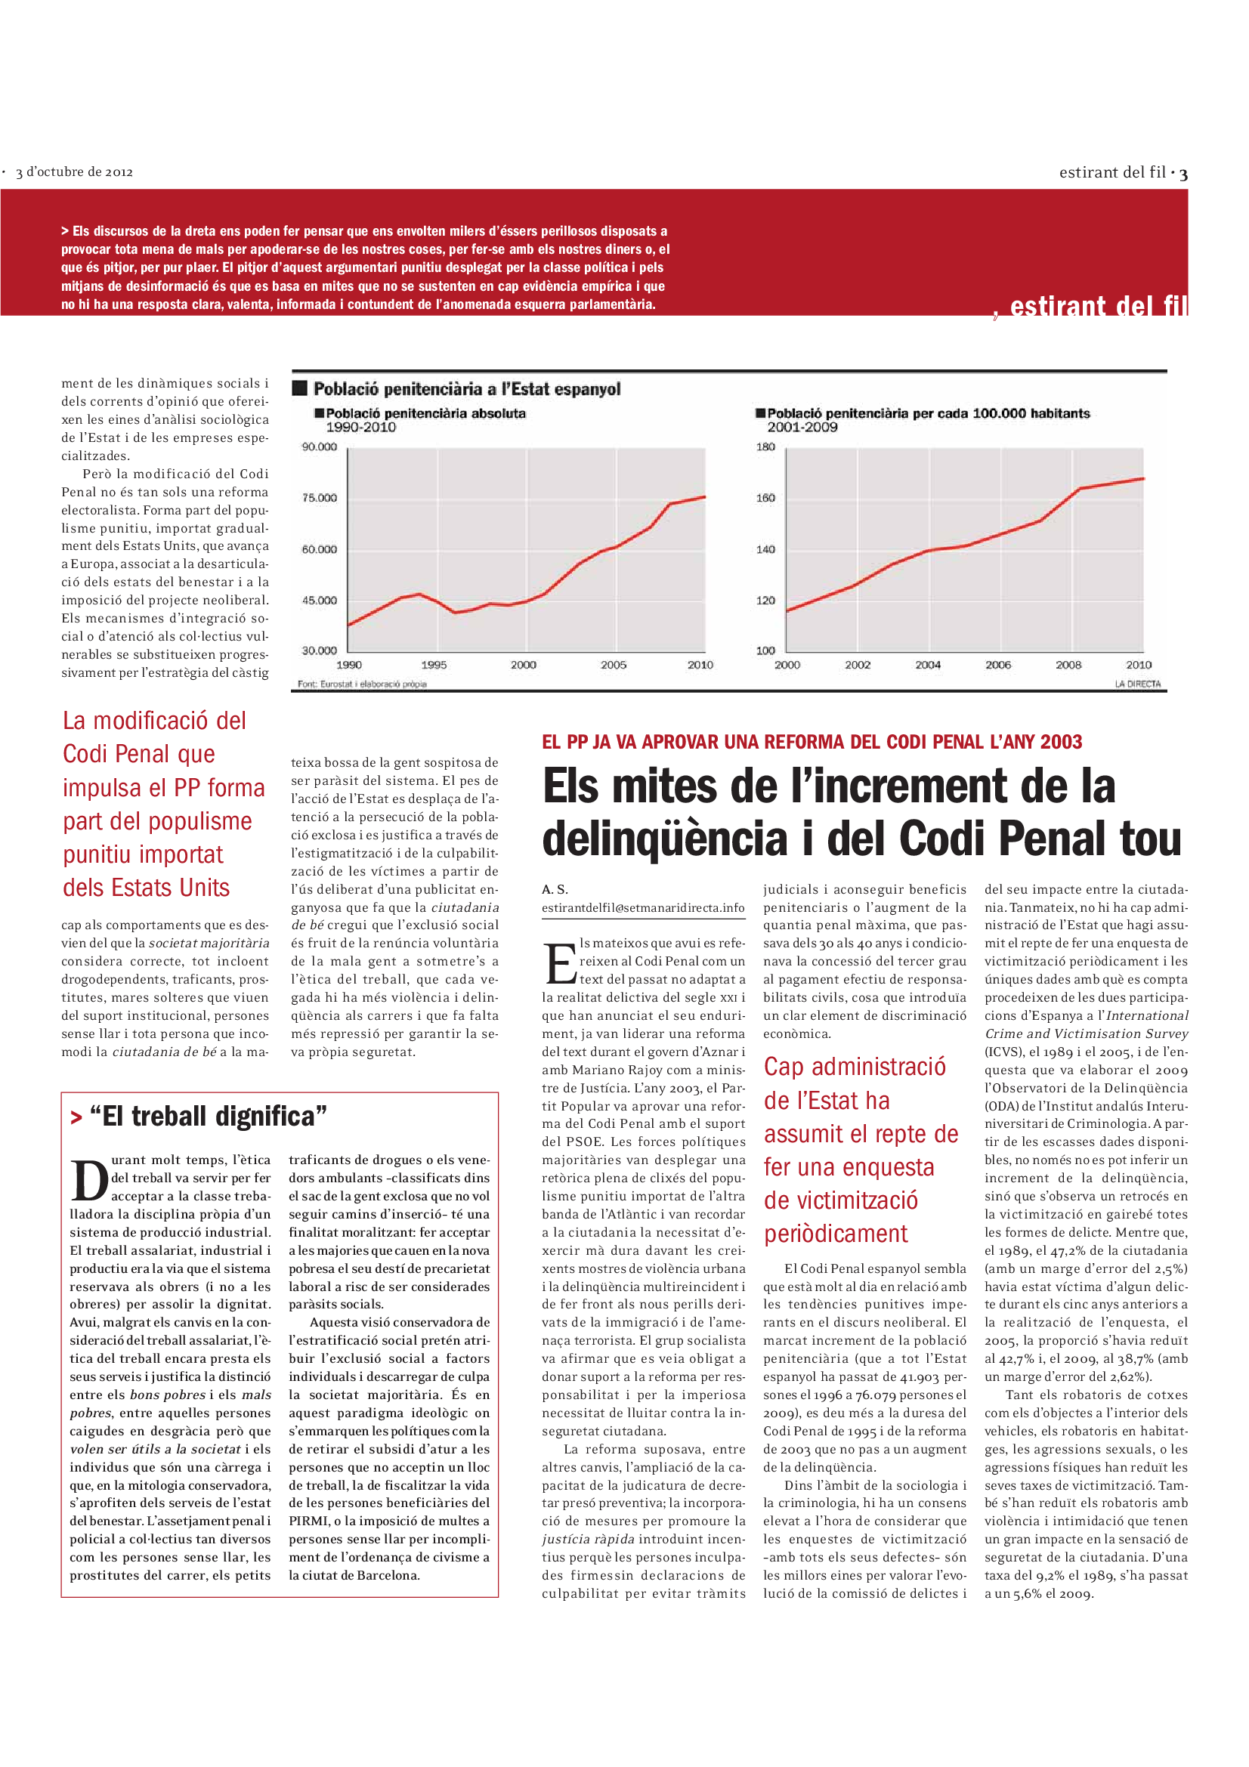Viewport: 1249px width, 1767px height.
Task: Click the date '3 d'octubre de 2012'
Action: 75,172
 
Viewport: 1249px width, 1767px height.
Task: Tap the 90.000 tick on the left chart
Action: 320,447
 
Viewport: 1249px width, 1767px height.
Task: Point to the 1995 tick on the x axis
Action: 434,665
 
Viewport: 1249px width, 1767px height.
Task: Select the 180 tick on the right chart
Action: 765,447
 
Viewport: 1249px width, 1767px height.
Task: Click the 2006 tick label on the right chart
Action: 998,665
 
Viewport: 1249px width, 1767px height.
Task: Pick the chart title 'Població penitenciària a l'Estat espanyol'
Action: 466,389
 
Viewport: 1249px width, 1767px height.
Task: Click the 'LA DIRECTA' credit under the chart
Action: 1137,684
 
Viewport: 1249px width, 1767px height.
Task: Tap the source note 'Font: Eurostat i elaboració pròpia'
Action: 362,684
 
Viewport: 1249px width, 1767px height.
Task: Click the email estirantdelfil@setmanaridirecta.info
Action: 643,908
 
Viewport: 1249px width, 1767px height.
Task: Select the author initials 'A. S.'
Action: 555,890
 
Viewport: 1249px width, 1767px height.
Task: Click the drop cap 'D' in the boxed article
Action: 90,1182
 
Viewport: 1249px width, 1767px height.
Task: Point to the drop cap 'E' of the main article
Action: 560,963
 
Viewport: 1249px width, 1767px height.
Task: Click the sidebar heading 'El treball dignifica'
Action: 208,1117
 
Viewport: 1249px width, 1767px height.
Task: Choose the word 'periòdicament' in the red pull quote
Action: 836,1234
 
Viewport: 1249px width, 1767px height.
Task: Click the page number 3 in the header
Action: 1183,175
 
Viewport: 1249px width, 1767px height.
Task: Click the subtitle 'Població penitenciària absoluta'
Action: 425,414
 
